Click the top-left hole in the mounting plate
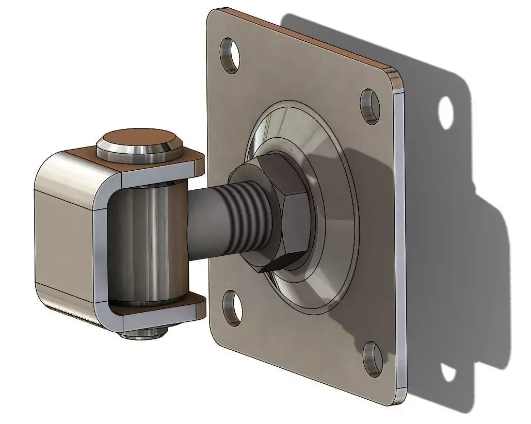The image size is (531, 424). [230, 54]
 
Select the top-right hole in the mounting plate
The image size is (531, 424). [369, 106]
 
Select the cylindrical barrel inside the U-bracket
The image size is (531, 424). [144, 242]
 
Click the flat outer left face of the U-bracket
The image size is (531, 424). [62, 242]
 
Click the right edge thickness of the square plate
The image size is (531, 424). [400, 232]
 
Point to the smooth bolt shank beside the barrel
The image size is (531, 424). [204, 217]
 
